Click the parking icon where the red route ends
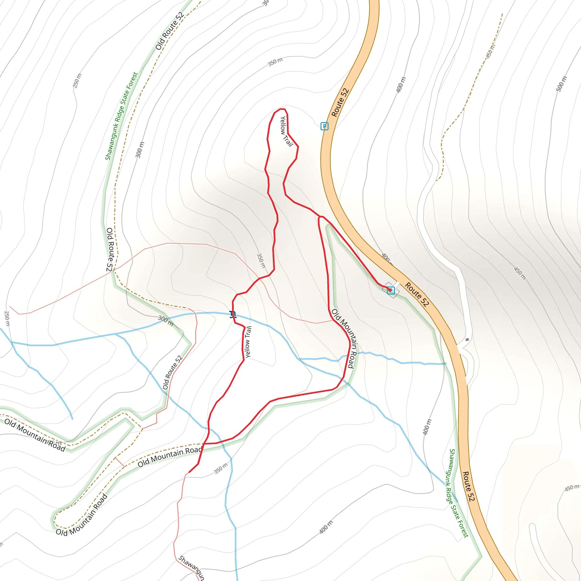tap(391, 290)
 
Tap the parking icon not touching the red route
tap(325, 126)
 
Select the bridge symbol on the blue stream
tap(233, 315)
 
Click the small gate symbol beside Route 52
tap(467, 340)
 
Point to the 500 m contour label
tap(561, 84)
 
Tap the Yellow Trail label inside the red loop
tap(286, 131)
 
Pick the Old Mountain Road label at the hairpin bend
tap(82, 515)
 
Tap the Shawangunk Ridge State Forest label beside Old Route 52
tap(121, 116)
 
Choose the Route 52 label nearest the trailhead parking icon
tap(417, 295)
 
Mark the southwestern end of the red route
tap(189, 472)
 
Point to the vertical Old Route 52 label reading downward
tap(110, 250)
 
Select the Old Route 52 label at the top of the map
tap(170, 31)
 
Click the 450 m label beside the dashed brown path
tap(490, 51)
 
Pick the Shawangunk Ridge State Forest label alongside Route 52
tap(456, 493)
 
